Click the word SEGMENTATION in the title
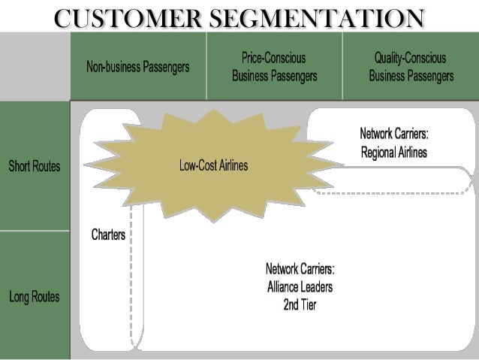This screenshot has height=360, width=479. pyautogui.click(x=313, y=18)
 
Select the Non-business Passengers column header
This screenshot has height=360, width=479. pyautogui.click(x=138, y=67)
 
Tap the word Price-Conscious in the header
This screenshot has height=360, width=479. pyautogui.click(x=273, y=58)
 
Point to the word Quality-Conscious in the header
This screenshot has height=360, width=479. pyautogui.click(x=410, y=58)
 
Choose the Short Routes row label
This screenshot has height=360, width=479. pyautogui.click(x=35, y=166)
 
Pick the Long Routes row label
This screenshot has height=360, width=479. pyautogui.click(x=35, y=297)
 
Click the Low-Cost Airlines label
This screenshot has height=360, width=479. pyautogui.click(x=213, y=165)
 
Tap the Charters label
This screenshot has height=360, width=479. pyautogui.click(x=108, y=235)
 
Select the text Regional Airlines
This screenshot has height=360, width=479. pyautogui.click(x=393, y=153)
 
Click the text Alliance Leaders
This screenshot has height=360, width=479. pyautogui.click(x=300, y=287)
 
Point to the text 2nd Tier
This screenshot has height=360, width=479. pyautogui.click(x=300, y=305)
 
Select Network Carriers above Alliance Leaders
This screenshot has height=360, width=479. pyautogui.click(x=300, y=269)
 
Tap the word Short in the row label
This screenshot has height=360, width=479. pyautogui.click(x=20, y=166)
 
